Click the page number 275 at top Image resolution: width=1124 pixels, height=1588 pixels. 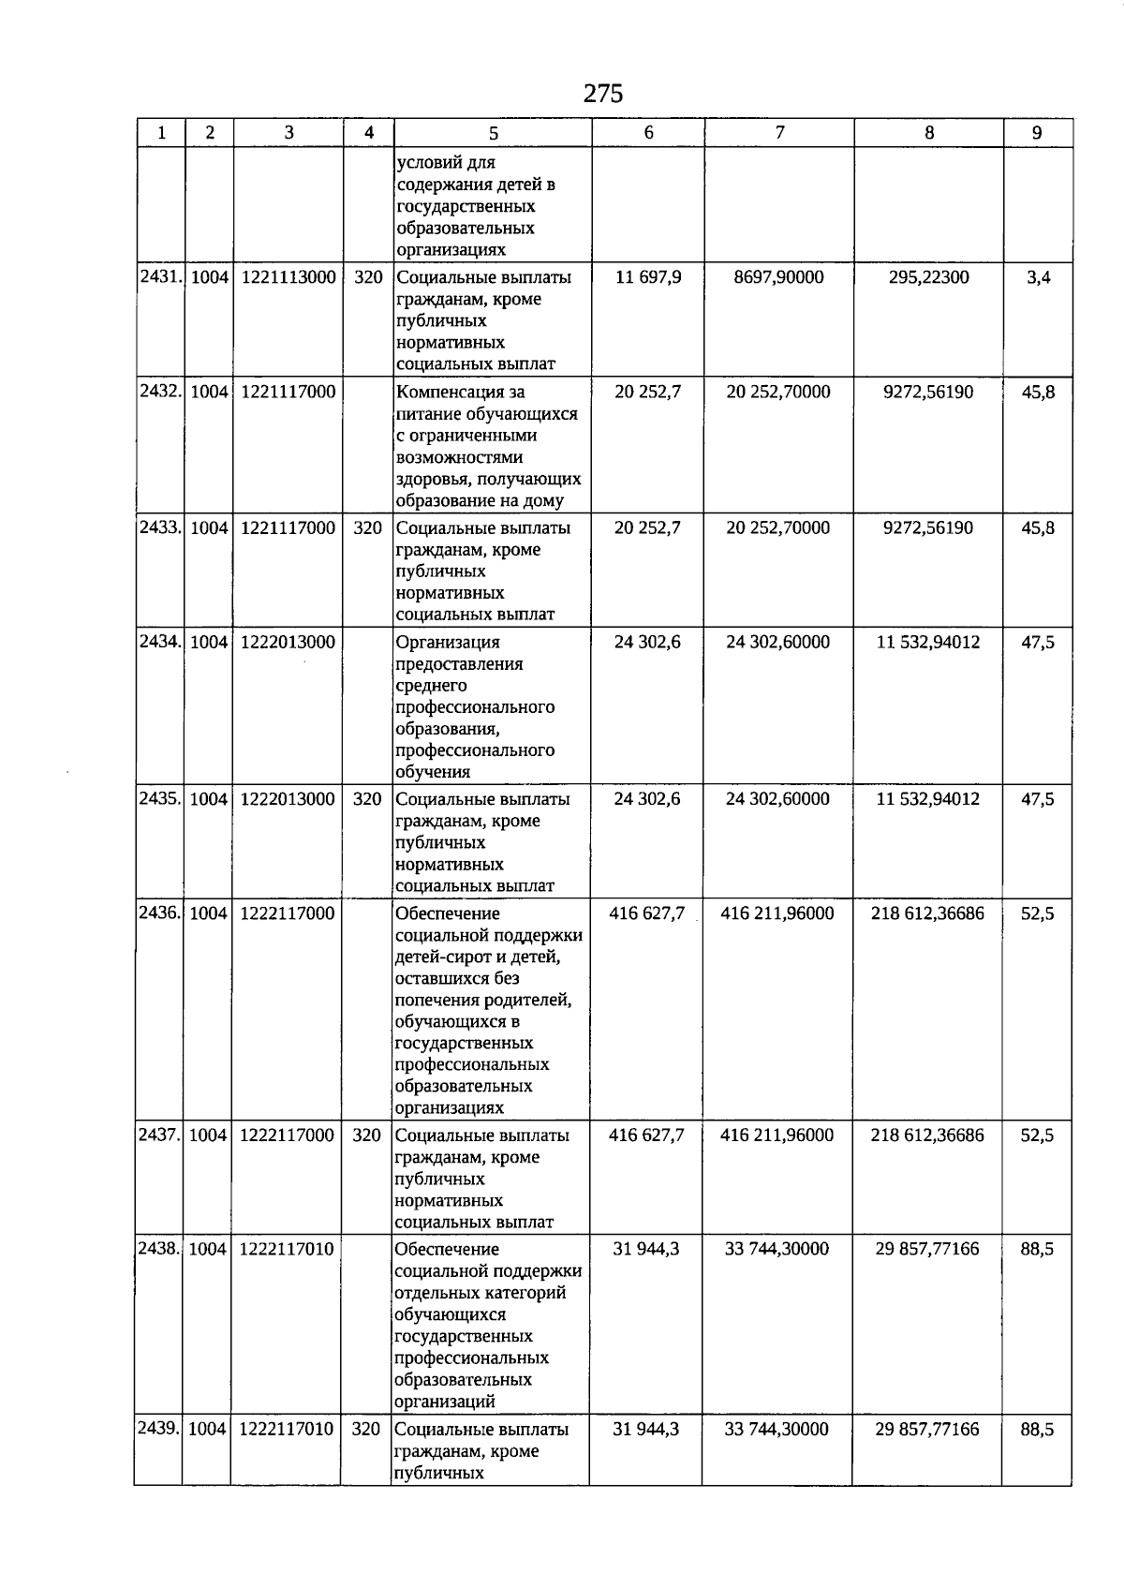[x=602, y=94]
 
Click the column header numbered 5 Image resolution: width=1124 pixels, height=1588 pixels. [x=494, y=133]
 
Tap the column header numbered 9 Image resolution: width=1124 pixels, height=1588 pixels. [x=1037, y=133]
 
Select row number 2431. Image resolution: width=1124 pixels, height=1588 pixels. [x=160, y=277]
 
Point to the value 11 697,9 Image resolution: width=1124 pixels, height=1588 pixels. [x=648, y=277]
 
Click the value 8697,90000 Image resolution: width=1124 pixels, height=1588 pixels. [x=778, y=277]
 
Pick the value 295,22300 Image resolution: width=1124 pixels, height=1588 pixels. [x=928, y=277]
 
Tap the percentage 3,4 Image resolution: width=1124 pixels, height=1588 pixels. [x=1038, y=277]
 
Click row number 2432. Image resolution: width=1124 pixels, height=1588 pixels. [x=160, y=392]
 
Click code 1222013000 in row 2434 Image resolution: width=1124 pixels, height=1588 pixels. [x=288, y=643]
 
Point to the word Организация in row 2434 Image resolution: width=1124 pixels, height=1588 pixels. [x=448, y=643]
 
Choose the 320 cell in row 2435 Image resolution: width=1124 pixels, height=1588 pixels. [x=368, y=799]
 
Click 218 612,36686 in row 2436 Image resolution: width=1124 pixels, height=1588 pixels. [x=927, y=913]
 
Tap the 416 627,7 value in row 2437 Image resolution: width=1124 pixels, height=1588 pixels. [x=646, y=1135]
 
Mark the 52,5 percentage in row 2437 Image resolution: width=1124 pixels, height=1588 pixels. [x=1037, y=1135]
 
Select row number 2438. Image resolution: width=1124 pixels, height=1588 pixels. [x=159, y=1250]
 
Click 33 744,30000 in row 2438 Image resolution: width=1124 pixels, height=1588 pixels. [x=776, y=1250]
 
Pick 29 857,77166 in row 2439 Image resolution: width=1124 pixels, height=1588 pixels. [x=927, y=1430]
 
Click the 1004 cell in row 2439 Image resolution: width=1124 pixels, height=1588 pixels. [x=207, y=1430]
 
